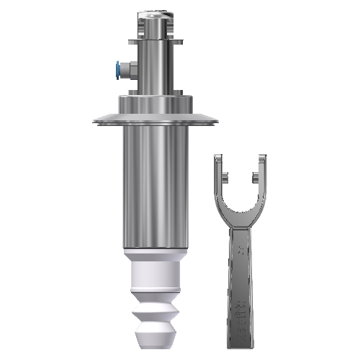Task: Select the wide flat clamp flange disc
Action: (154, 118)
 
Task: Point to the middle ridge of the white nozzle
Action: (154, 306)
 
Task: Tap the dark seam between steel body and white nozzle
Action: (154, 250)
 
